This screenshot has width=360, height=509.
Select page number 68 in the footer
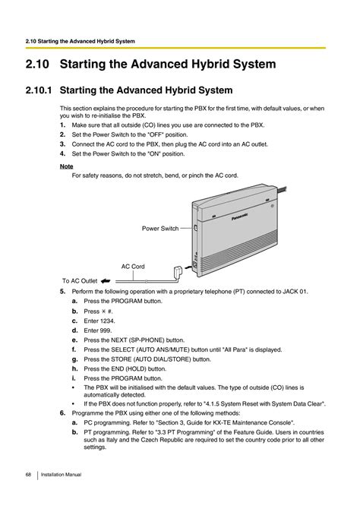[x=27, y=474]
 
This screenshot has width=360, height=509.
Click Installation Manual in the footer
[x=61, y=474]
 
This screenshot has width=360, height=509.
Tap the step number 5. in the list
[x=62, y=292]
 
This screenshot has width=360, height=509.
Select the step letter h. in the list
[x=75, y=368]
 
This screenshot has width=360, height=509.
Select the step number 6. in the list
[x=62, y=411]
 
